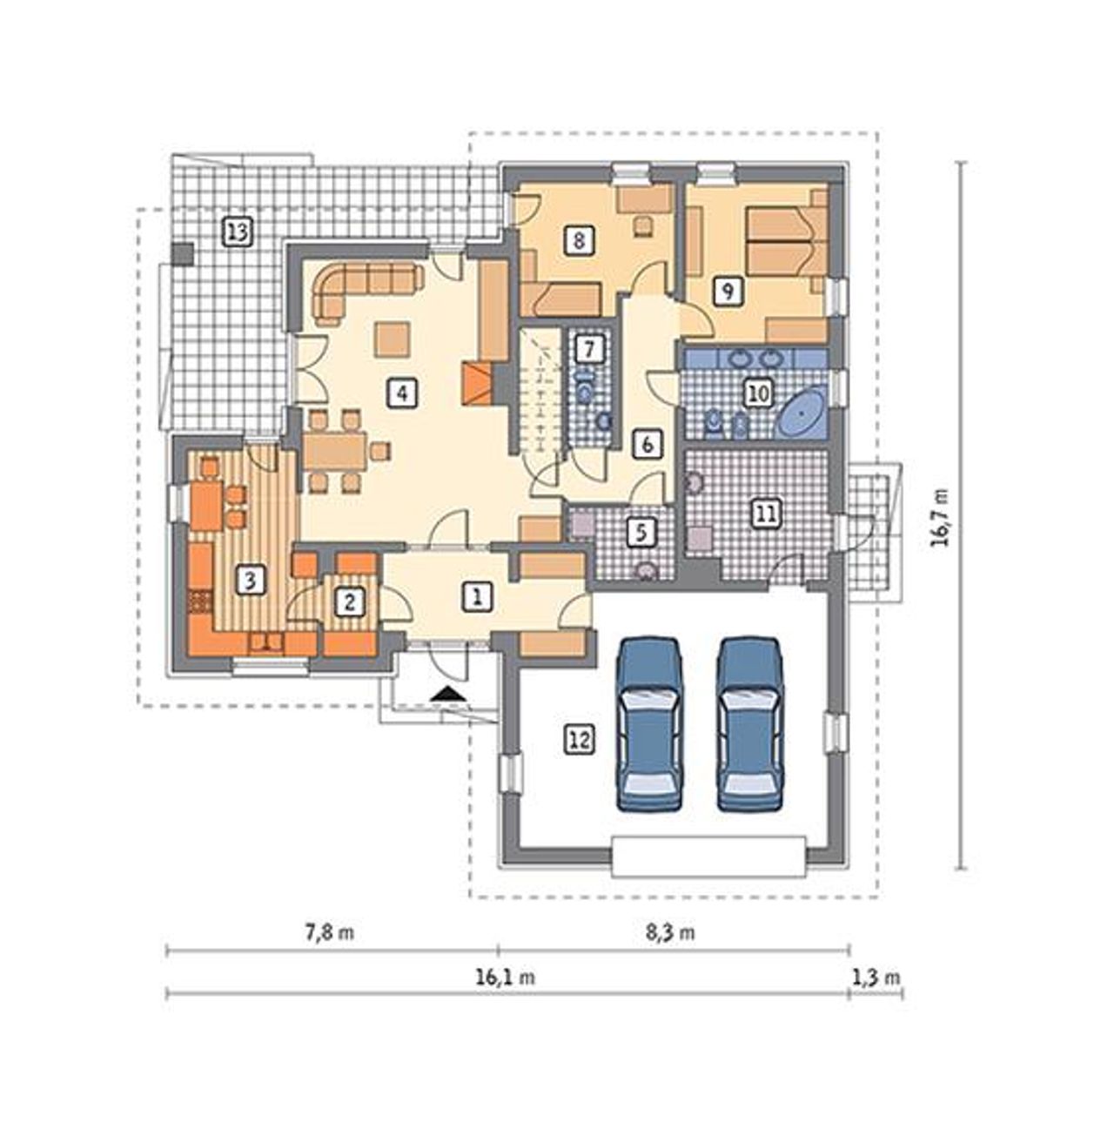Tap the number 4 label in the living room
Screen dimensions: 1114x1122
pyautogui.click(x=402, y=393)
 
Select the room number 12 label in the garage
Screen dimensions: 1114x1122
pyautogui.click(x=580, y=740)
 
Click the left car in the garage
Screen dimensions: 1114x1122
pyautogui.click(x=650, y=723)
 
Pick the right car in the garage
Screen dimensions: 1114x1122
pyautogui.click(x=749, y=723)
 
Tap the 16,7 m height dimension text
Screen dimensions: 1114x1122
pyautogui.click(x=939, y=516)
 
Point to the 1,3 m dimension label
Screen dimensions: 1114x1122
pyautogui.click(x=876, y=978)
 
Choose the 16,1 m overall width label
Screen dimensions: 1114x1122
pyautogui.click(x=506, y=978)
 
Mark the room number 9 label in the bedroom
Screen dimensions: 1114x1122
pyautogui.click(x=728, y=289)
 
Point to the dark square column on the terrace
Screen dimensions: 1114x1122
pyautogui.click(x=183, y=253)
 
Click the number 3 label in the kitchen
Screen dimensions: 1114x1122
pyautogui.click(x=250, y=581)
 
